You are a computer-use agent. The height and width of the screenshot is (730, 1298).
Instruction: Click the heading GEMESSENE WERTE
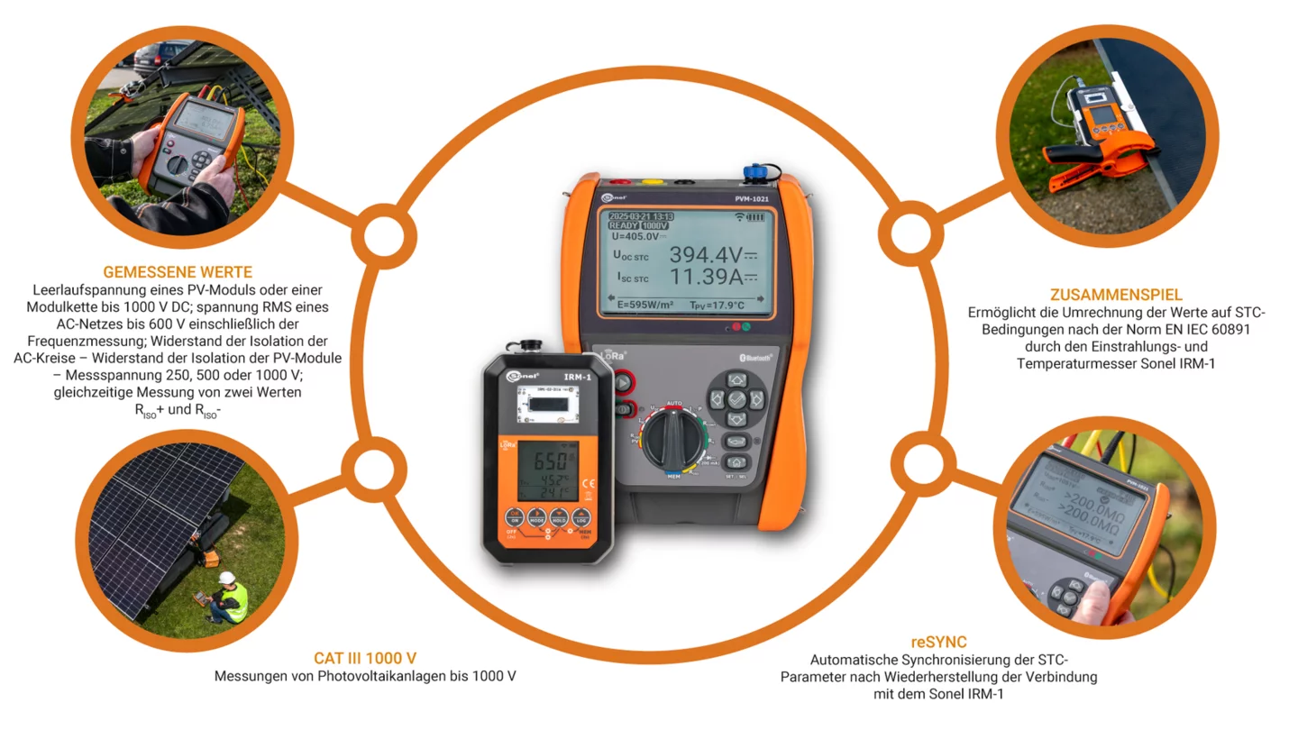178,271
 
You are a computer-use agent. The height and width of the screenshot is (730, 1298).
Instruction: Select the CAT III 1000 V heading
365,658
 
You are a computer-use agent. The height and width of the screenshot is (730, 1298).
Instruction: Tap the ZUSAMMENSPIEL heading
1116,295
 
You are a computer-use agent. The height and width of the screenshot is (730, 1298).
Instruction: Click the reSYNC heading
938,642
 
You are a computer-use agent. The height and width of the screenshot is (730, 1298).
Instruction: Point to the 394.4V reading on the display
706,255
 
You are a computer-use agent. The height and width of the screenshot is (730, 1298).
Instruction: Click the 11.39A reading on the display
706,278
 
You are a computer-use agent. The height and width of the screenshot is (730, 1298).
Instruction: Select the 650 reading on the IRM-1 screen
549,461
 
